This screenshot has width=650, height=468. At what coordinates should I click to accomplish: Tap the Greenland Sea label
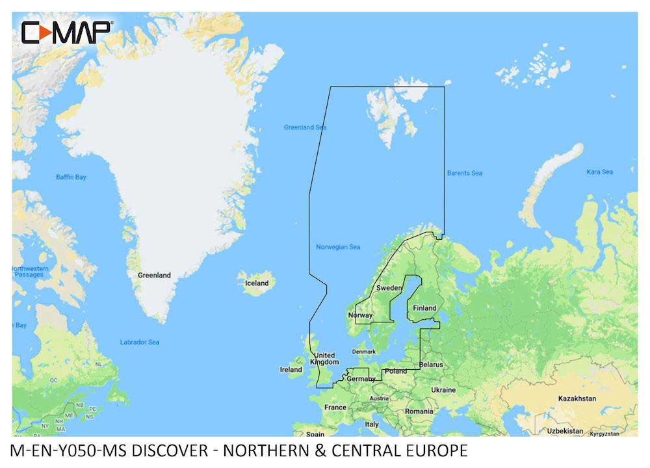pos(305,127)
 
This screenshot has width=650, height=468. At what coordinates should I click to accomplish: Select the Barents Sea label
pos(464,173)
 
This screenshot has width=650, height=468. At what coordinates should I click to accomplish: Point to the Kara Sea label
pos(599,172)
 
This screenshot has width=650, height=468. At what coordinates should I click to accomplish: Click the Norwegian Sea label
pos(337,247)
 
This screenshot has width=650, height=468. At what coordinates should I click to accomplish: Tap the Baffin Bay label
pos(71,177)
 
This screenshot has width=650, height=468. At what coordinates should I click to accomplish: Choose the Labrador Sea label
pos(139,342)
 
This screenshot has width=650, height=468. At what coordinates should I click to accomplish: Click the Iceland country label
pos(256,283)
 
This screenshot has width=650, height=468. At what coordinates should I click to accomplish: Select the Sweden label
pos(389,288)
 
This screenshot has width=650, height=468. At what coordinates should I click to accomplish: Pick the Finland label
pos(424,308)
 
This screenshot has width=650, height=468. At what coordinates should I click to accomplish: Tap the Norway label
pos(361,315)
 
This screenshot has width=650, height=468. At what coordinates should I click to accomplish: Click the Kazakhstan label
pos(577,398)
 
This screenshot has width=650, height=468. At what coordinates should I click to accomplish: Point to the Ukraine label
pos(443,390)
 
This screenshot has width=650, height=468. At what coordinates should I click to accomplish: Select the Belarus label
pos(431,365)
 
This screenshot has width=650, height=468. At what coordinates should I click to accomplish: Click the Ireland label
pos(291,370)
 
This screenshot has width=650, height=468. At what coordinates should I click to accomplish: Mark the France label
pos(335,408)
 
